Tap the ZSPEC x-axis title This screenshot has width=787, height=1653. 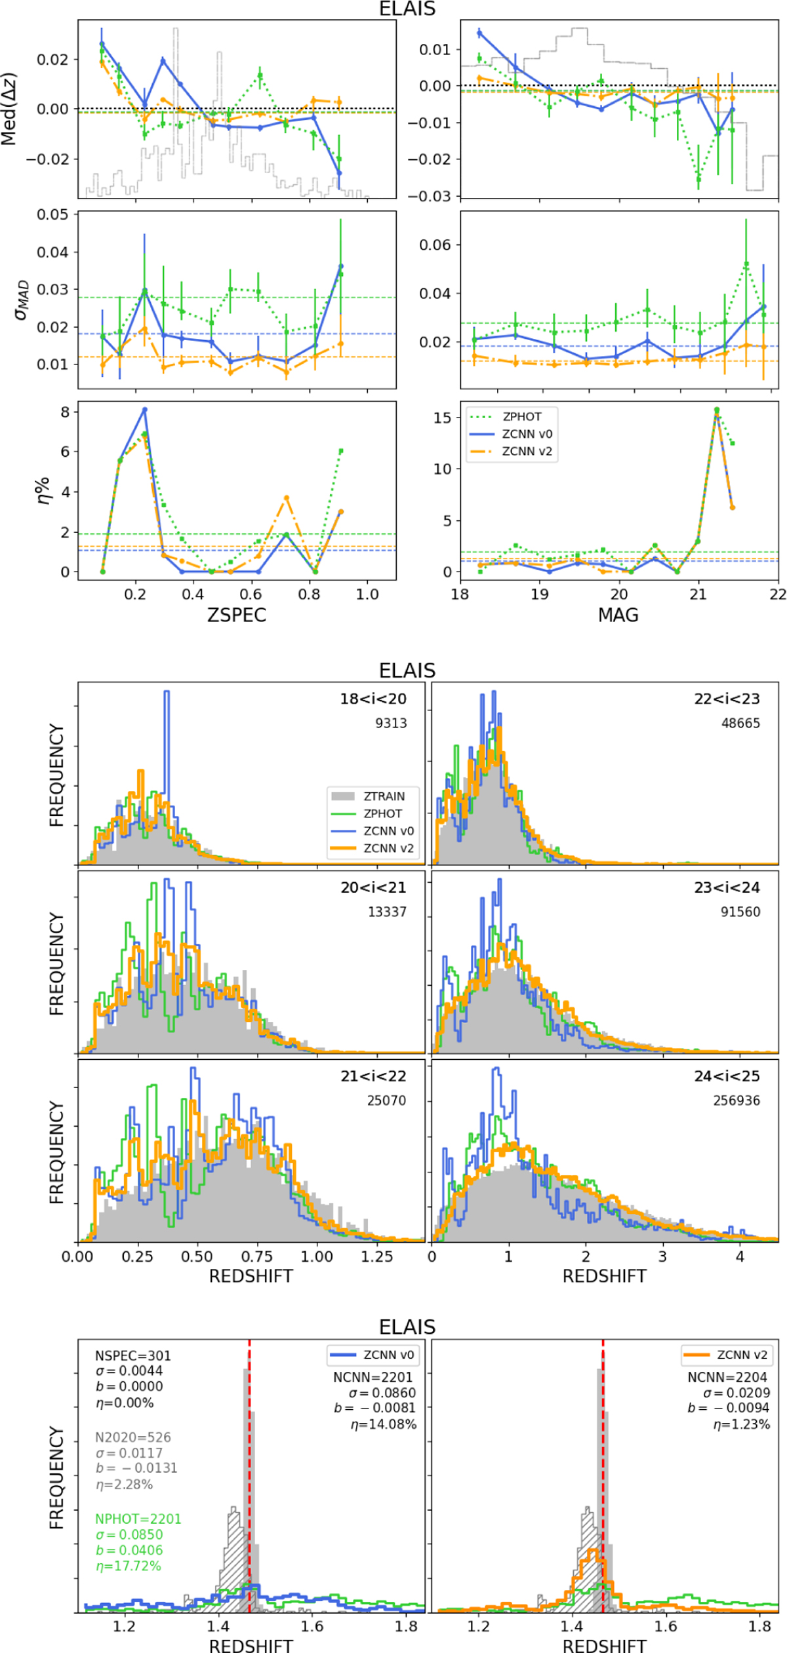point(237,615)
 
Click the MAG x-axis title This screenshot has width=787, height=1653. point(618,615)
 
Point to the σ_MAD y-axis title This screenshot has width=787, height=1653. point(22,300)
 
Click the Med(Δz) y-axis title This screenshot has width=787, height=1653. point(9,109)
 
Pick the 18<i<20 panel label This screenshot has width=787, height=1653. point(373,699)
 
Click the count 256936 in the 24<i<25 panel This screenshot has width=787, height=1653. point(736,1100)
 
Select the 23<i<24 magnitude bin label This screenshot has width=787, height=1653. point(727,887)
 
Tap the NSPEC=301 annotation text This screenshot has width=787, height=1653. point(133,1356)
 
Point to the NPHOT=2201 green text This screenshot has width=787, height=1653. point(138,1519)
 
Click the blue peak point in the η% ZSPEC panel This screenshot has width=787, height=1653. point(145,410)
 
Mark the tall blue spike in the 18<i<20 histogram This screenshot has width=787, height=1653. point(167,695)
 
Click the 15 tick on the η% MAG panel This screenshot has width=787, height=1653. point(443,418)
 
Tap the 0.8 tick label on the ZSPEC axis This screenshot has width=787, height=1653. point(309,594)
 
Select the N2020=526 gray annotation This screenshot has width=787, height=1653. point(133,1437)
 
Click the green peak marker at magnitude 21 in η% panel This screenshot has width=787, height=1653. point(716,410)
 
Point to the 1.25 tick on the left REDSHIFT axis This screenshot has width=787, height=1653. point(376,1256)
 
